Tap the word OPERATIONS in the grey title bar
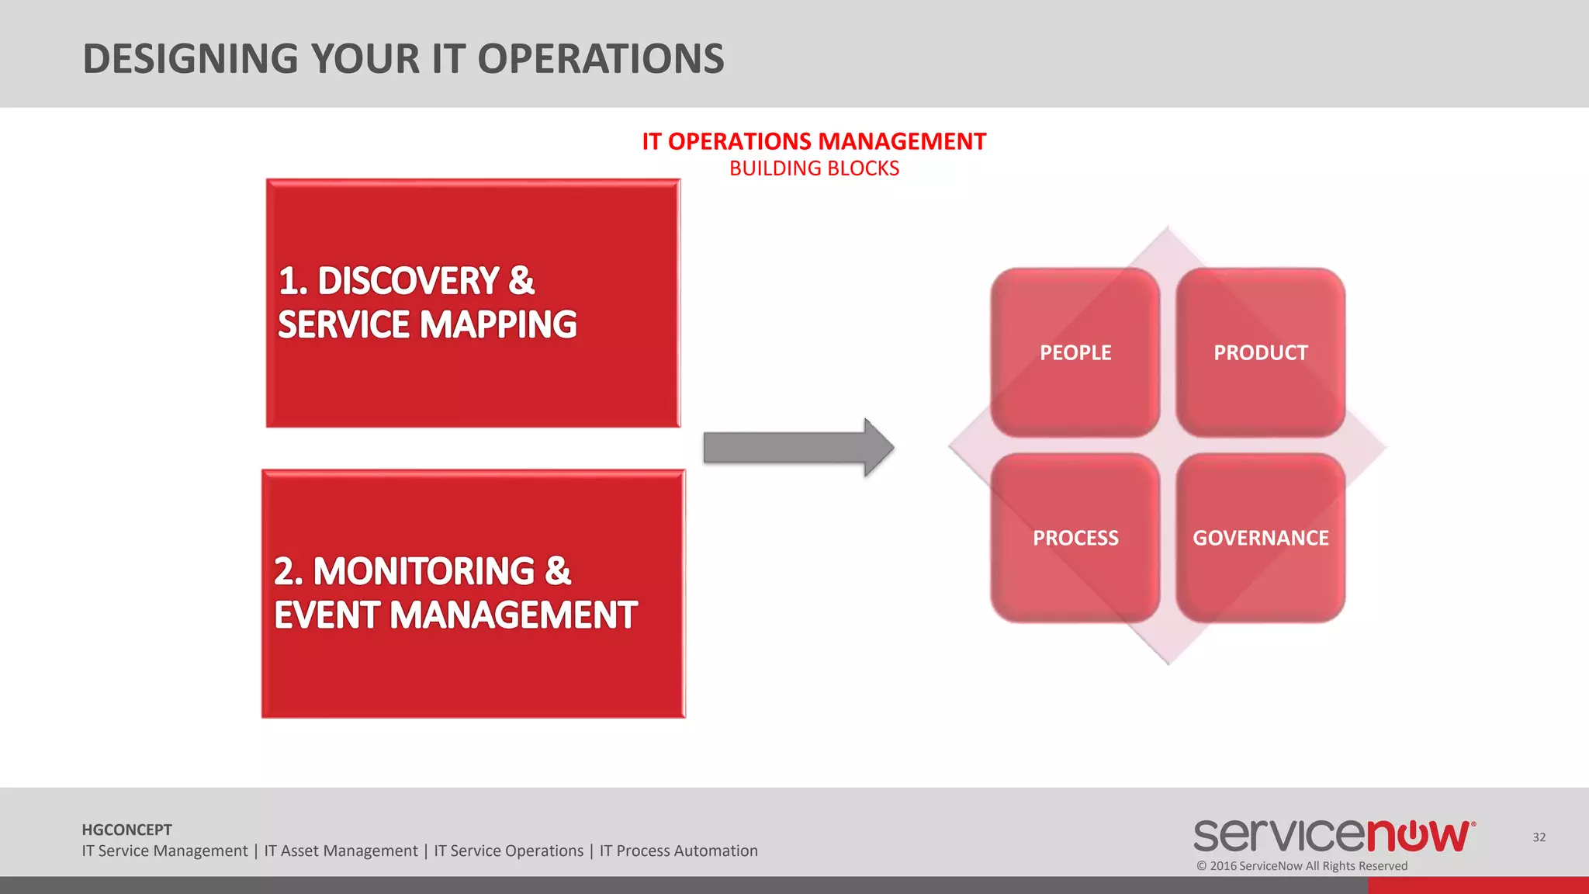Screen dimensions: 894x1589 click(601, 59)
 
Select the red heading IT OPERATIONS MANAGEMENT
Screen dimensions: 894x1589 click(814, 141)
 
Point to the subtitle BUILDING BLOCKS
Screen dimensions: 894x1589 click(814, 168)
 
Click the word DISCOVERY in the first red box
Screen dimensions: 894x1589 click(408, 281)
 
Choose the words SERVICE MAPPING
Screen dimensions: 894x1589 click(428, 324)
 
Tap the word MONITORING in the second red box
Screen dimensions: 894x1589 click(424, 571)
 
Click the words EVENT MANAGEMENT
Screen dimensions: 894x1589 click(455, 615)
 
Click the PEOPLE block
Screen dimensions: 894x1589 click(1075, 352)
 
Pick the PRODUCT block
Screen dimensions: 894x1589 click(1261, 352)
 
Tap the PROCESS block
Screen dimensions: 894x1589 click(1075, 538)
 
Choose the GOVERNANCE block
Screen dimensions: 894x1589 click(1261, 538)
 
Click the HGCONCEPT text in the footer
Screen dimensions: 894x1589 click(126, 830)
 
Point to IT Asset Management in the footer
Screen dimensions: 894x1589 click(341, 851)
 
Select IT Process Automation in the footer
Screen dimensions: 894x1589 click(678, 851)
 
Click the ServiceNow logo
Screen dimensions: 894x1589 click(1334, 836)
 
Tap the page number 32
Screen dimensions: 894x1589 click(1539, 837)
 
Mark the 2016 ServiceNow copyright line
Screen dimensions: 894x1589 click(1302, 866)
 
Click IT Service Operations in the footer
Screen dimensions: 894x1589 click(508, 851)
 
